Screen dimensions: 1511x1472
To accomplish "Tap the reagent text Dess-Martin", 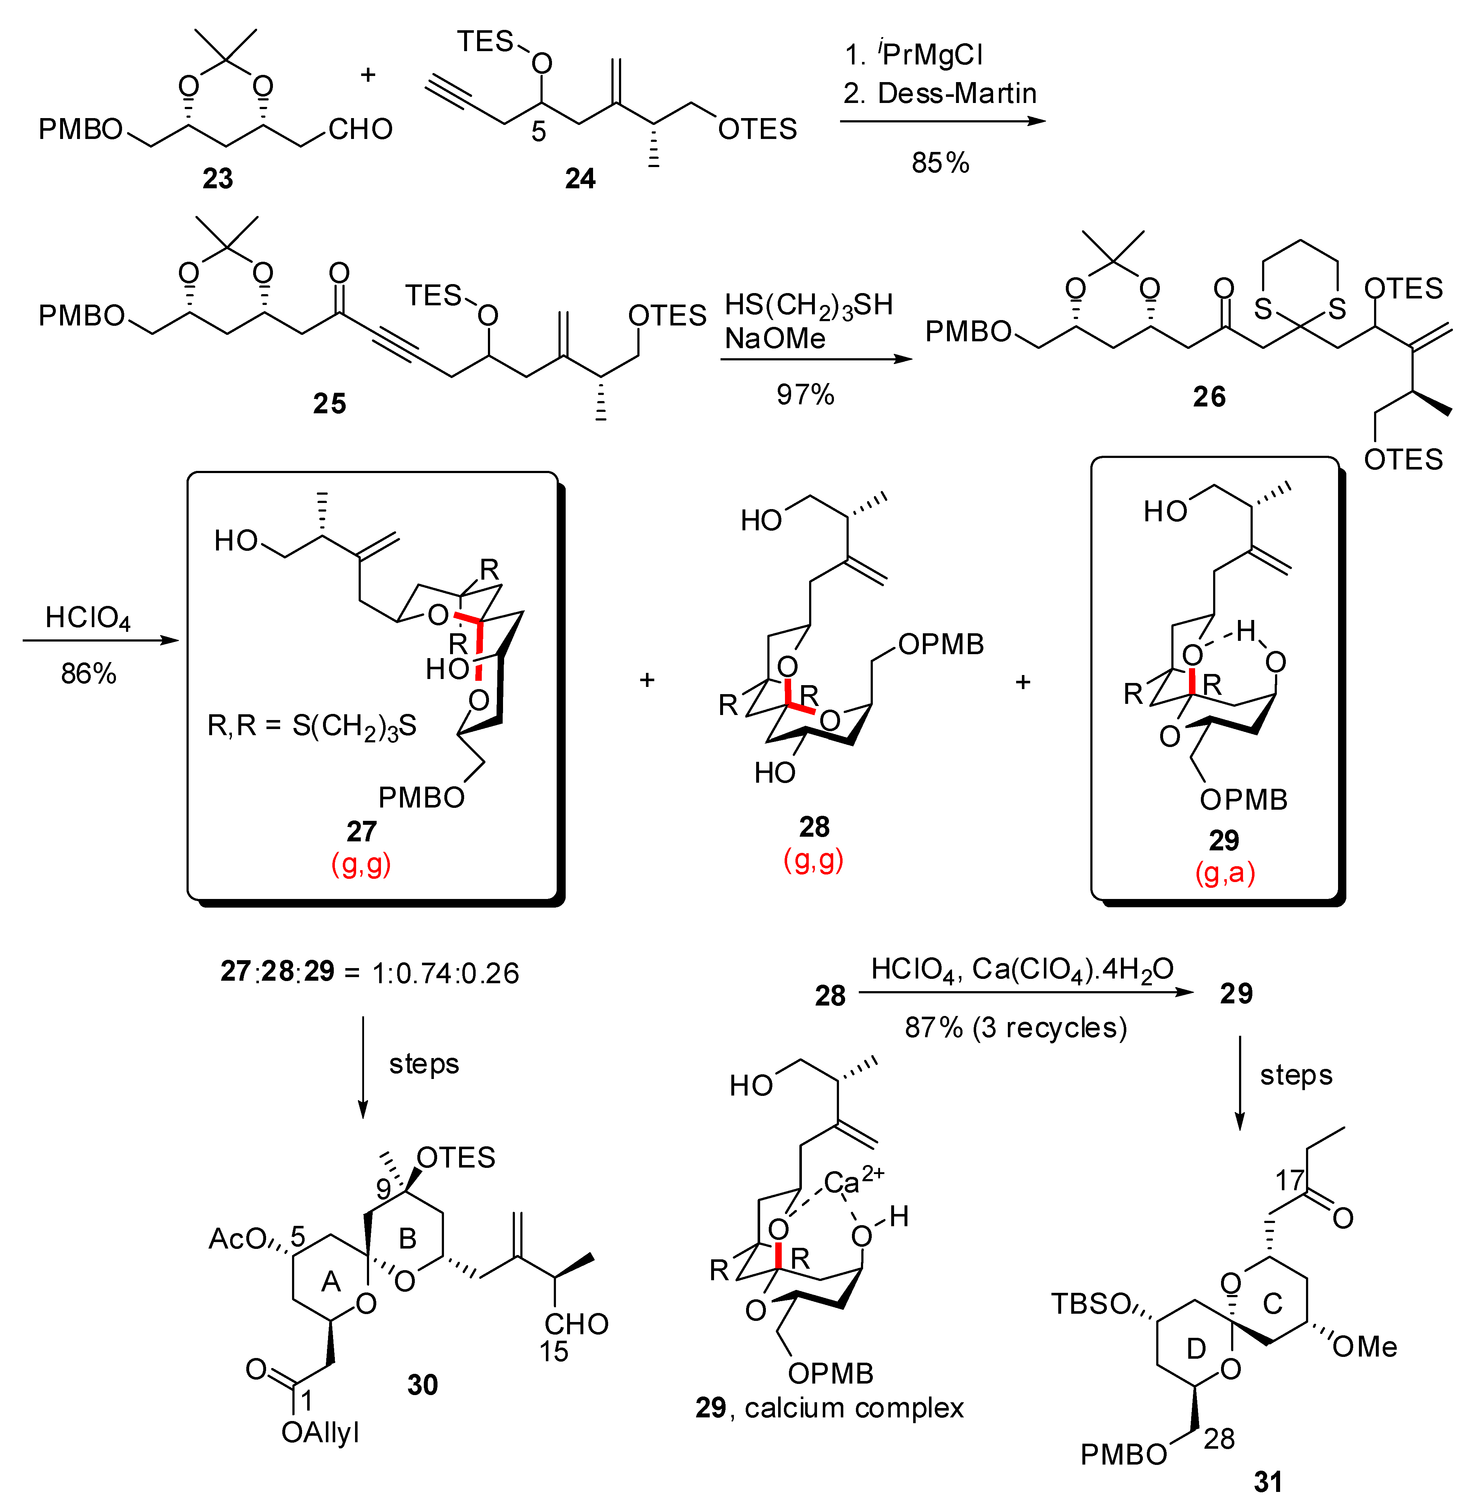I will (x=956, y=94).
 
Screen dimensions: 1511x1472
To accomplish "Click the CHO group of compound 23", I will (x=360, y=129).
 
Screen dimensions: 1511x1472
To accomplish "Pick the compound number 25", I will (x=329, y=404).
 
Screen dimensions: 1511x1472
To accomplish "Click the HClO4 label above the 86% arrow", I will (x=87, y=617).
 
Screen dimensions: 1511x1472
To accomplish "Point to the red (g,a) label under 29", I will (x=1225, y=873).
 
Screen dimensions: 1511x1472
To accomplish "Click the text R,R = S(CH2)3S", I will (x=312, y=726).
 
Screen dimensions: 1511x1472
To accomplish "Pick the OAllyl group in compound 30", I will (x=320, y=1432).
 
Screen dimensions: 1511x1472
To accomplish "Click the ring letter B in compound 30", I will (x=408, y=1239).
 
